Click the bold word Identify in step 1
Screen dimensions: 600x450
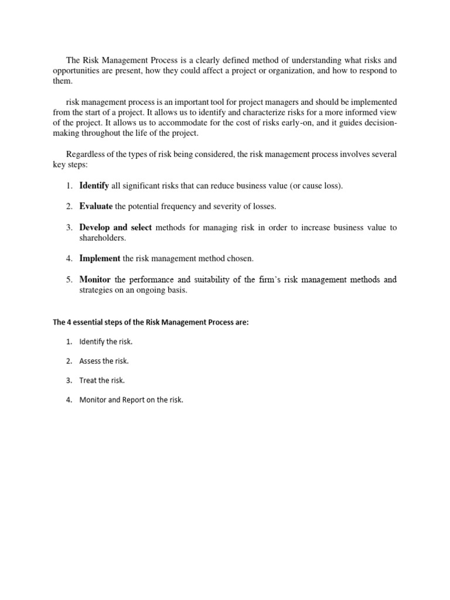click(x=94, y=186)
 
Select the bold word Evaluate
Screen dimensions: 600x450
click(x=96, y=206)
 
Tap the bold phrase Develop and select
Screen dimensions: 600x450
click(x=115, y=227)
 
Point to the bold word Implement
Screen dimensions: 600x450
click(x=100, y=258)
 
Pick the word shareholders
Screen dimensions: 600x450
click(x=103, y=238)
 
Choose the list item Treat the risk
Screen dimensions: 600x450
click(x=103, y=380)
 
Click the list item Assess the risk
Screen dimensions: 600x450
click(x=104, y=361)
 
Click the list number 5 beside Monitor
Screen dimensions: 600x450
click(x=69, y=279)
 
